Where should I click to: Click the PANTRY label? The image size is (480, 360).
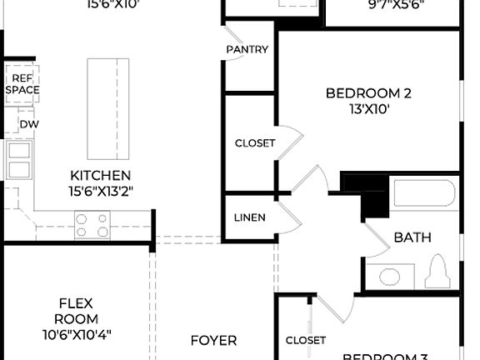(x=247, y=49)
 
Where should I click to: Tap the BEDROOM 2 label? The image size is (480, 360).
(x=367, y=93)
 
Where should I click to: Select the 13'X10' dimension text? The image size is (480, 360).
(x=367, y=108)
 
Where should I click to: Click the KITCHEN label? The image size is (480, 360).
(x=100, y=175)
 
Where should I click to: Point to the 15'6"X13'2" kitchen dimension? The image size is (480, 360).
(x=100, y=191)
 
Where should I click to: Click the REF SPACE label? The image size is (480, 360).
(x=22, y=83)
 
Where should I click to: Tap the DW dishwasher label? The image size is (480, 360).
(x=29, y=124)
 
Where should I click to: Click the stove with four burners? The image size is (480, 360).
(x=92, y=225)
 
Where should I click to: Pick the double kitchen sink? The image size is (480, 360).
(x=18, y=160)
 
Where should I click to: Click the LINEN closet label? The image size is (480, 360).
(x=250, y=217)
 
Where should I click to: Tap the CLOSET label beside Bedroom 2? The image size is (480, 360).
(x=254, y=143)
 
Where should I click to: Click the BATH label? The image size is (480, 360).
(x=412, y=237)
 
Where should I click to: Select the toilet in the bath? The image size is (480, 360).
(x=438, y=271)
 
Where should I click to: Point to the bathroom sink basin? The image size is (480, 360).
(x=389, y=275)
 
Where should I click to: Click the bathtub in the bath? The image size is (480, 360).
(x=425, y=194)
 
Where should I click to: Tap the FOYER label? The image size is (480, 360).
(x=213, y=340)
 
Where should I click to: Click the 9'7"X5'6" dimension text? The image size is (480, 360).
(x=396, y=4)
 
